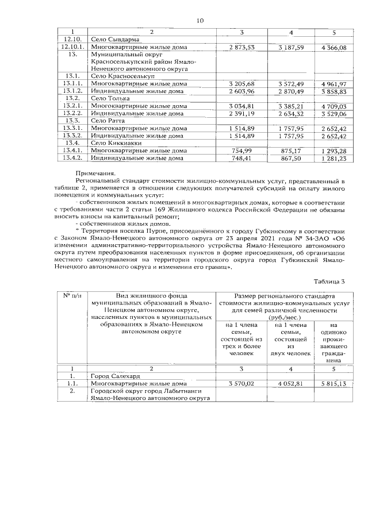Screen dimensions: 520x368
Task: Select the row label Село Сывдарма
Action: pyautogui.click(x=111, y=39)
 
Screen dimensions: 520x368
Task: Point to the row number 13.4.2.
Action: pyautogui.click(x=72, y=159)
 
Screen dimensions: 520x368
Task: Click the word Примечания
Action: pyautogui.click(x=95, y=173)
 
